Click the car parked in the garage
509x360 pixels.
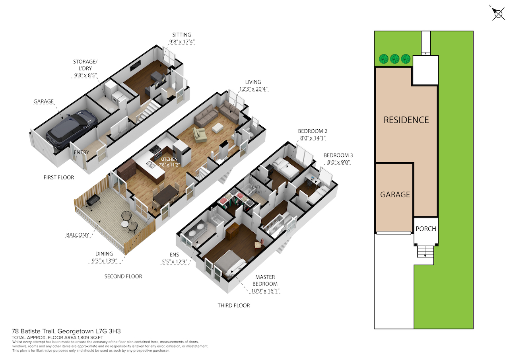point(72,129)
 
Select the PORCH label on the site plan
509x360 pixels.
point(426,229)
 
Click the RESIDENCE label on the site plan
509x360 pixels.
point(406,120)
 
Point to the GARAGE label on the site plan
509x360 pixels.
point(395,195)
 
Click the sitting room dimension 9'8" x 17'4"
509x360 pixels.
point(182,42)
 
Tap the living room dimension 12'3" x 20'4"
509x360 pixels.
point(253,89)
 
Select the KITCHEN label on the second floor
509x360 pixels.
point(169,160)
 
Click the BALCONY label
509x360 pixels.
point(78,235)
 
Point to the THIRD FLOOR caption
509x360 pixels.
point(233,306)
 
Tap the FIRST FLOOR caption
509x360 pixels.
point(58,177)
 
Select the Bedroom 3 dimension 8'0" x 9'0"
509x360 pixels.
point(338,162)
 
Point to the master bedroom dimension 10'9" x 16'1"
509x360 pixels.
point(265,291)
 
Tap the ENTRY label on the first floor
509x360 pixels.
point(82,152)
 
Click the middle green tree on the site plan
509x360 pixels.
point(395,59)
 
